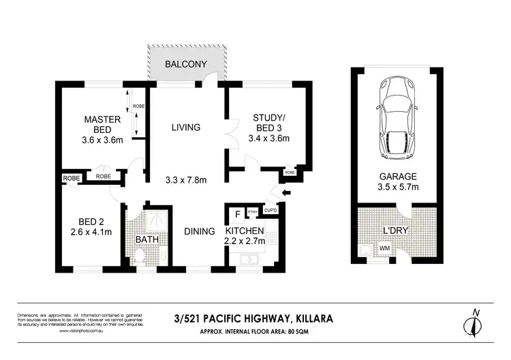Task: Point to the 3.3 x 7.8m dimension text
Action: (x=187, y=180)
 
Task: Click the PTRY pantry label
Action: (x=252, y=212)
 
